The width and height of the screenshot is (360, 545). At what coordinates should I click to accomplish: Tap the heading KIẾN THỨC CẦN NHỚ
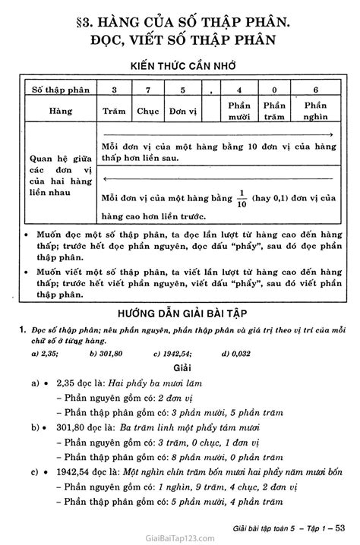(180, 65)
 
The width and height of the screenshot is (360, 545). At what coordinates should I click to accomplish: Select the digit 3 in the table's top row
(114, 90)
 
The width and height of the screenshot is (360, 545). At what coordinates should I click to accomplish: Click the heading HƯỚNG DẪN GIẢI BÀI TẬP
(180, 293)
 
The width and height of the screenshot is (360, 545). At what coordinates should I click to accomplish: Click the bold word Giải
(180, 346)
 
